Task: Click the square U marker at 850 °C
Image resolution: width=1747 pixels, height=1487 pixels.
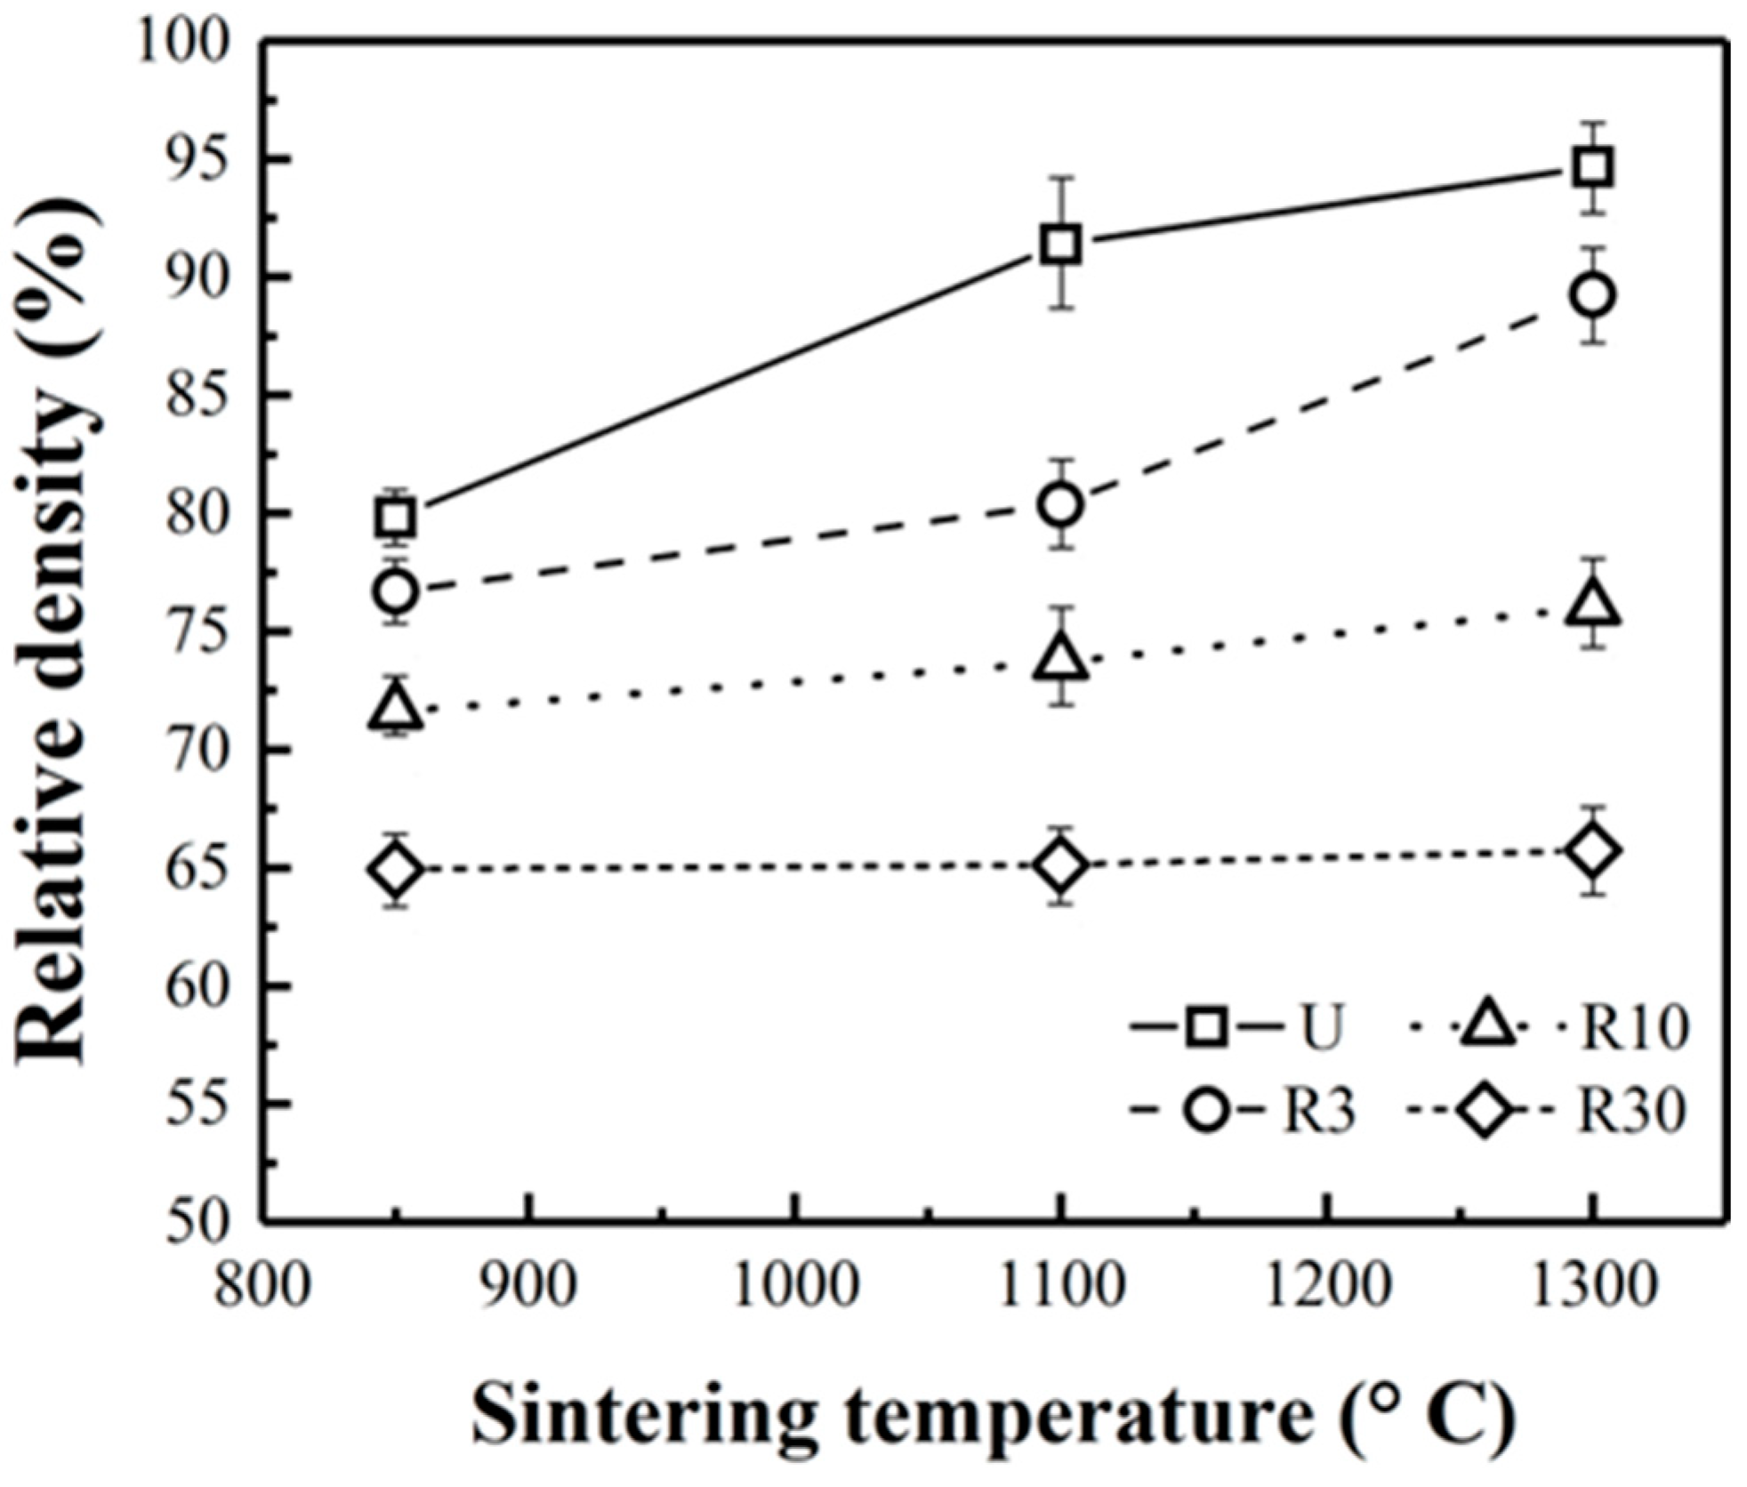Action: (396, 517)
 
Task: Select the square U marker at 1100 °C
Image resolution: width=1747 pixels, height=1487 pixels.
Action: (1061, 245)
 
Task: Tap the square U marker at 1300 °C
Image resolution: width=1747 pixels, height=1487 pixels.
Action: (1592, 168)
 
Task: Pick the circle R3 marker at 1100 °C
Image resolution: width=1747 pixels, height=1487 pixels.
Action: (1061, 504)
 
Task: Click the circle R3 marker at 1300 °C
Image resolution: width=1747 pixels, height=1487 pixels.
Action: (1592, 295)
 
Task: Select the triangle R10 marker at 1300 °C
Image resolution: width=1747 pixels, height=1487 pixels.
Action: (1592, 605)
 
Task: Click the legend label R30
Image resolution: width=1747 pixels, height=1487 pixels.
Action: (1632, 1112)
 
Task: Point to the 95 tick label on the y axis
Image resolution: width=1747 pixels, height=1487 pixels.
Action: (195, 160)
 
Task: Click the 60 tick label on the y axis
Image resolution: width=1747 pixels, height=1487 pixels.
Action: (195, 986)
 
